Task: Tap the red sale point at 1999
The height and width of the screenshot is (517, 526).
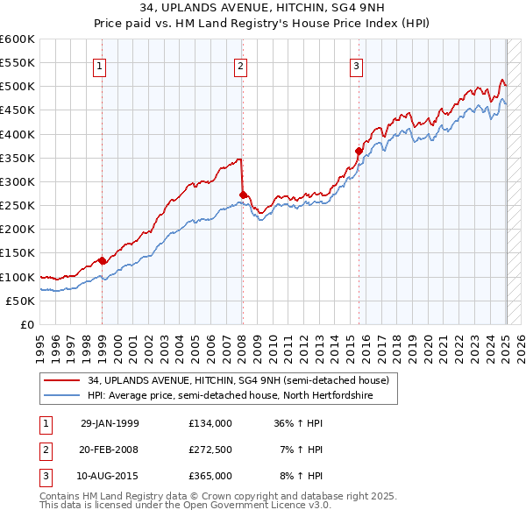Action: pyautogui.click(x=102, y=260)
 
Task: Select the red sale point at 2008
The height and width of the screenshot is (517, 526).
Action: pyautogui.click(x=243, y=195)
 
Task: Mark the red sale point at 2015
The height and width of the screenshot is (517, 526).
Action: pyautogui.click(x=359, y=151)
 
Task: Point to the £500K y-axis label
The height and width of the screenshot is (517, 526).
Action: pyautogui.click(x=17, y=87)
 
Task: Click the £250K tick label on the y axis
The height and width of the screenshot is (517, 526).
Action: pyautogui.click(x=17, y=206)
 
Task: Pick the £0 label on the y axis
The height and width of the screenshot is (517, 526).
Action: pyautogui.click(x=25, y=325)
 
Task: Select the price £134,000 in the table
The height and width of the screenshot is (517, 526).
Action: pyautogui.click(x=210, y=422)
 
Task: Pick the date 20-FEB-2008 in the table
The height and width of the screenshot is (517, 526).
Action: pyautogui.click(x=110, y=450)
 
